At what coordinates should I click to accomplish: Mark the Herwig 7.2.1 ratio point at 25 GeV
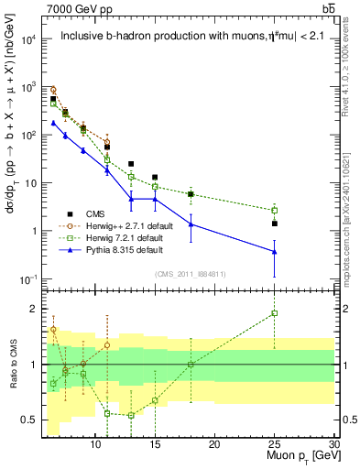[274, 313]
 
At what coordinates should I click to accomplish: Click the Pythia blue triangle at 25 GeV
[274, 252]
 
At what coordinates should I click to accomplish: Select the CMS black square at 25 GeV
[274, 224]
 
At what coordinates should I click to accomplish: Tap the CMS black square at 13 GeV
[131, 164]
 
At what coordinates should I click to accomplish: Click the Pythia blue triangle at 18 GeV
[191, 224]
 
